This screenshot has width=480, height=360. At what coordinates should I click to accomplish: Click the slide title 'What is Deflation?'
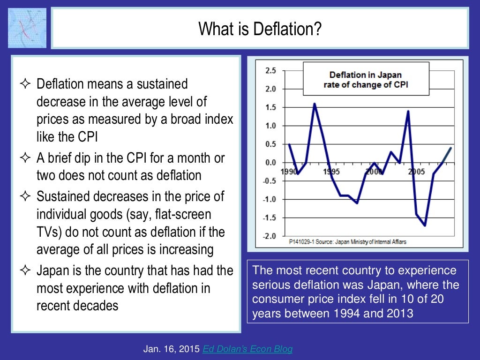260,29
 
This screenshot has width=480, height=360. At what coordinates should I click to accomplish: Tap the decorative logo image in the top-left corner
27,28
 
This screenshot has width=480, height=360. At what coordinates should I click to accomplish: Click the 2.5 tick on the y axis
270,71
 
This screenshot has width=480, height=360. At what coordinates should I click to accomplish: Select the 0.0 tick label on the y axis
270,163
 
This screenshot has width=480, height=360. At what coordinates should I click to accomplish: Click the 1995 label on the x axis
331,172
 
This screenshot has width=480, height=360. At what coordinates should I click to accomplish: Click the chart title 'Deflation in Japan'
365,75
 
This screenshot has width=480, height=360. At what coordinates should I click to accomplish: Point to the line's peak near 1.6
314,104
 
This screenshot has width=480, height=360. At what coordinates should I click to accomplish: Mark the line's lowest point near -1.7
425,225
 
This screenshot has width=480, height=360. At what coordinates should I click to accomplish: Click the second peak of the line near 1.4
408,111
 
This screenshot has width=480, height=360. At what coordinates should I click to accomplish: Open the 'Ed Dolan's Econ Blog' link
247,349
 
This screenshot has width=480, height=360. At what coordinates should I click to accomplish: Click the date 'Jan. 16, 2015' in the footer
172,349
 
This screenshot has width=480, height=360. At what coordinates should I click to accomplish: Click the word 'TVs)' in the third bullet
48,232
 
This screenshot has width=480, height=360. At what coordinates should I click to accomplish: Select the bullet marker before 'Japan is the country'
25,271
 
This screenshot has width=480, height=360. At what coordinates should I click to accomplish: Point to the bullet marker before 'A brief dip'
25,158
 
